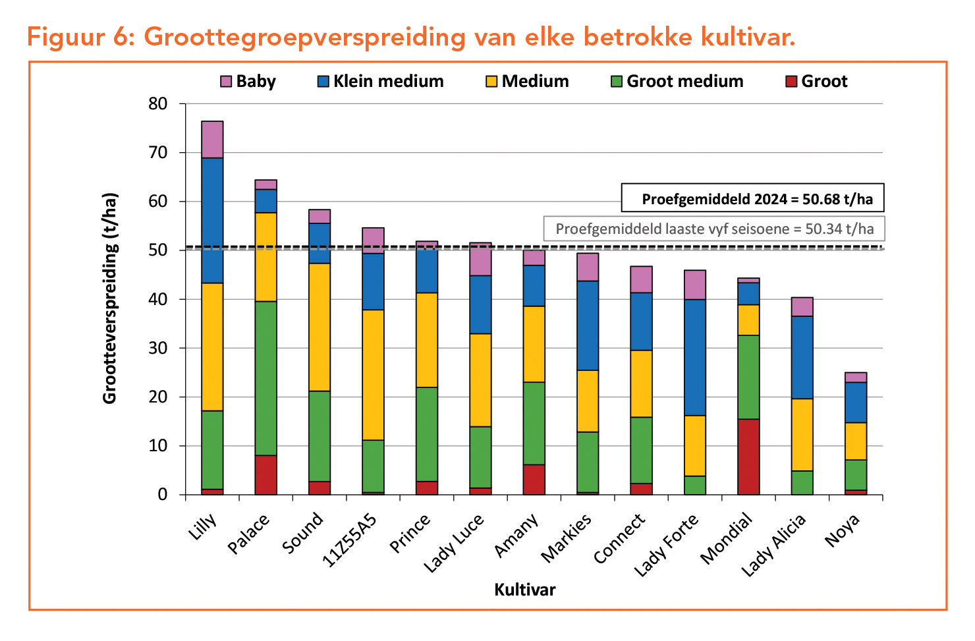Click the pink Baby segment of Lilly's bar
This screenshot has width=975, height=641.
(x=212, y=139)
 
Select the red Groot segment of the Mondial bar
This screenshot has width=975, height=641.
(x=748, y=457)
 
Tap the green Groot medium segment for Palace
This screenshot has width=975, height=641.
(x=266, y=378)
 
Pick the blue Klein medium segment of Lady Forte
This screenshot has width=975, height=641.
(x=695, y=357)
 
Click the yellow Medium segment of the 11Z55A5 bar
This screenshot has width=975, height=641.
(x=373, y=375)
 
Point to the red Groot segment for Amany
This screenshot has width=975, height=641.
(x=534, y=480)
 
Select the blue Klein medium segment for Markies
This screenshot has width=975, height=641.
(x=588, y=325)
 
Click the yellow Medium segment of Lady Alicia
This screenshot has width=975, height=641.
(x=802, y=435)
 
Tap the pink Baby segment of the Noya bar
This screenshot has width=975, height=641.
(x=856, y=377)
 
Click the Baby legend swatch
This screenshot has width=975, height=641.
(x=226, y=82)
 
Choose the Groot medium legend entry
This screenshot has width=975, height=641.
(x=677, y=82)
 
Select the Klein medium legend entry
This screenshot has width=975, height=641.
(x=381, y=82)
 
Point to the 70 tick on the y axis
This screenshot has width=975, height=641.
(x=158, y=153)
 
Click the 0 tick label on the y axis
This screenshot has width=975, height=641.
(x=163, y=495)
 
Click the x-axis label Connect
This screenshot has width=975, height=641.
(x=620, y=538)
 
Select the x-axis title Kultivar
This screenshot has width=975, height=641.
(x=525, y=590)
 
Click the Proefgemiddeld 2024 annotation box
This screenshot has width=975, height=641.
(x=752, y=198)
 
